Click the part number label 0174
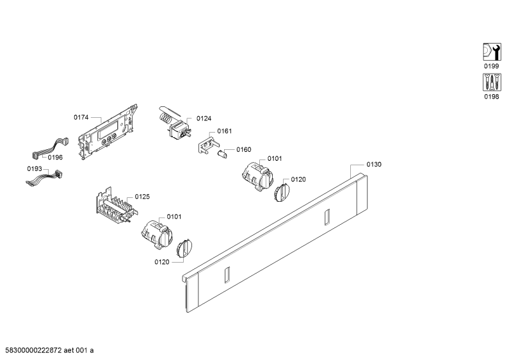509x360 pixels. click(81, 117)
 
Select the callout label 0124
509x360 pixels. click(204, 119)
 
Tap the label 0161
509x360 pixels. click(225, 131)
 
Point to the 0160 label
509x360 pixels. click(244, 149)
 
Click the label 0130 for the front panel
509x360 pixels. click(374, 165)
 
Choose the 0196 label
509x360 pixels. click(55, 158)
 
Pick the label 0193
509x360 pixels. click(35, 168)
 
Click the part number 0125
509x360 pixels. click(142, 197)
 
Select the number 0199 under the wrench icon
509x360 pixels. click(492, 66)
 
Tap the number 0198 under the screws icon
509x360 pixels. click(492, 97)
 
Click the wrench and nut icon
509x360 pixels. click(492, 52)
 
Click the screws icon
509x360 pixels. click(492, 82)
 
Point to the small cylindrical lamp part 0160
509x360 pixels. click(223, 154)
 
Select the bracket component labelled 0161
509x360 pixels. click(206, 145)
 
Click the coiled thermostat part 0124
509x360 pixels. click(174, 123)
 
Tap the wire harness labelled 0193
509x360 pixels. click(44, 179)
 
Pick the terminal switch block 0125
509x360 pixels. click(117, 206)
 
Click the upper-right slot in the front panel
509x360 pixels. click(327, 217)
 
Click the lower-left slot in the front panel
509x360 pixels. click(227, 275)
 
